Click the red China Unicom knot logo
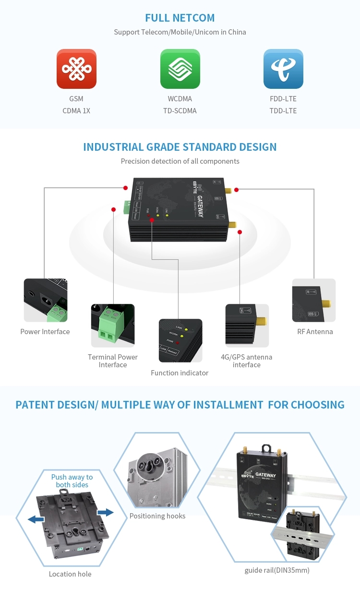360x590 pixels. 76,69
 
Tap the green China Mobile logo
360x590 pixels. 180,69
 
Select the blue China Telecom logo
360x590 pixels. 283,69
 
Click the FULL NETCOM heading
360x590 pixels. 180,18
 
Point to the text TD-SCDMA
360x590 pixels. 180,111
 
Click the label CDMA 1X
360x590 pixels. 76,111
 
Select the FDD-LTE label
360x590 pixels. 283,99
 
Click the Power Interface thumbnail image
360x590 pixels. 46,300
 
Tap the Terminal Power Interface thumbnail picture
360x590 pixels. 113,325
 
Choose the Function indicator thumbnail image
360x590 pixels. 180,340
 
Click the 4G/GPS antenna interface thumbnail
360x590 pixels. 247,325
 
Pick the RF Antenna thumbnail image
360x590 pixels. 314,300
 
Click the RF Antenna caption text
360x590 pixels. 315,332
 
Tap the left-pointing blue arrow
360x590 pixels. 36,519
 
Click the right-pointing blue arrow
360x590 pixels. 105,513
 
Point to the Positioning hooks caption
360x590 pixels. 157,516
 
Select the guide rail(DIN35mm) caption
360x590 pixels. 277,570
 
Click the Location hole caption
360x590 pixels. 70,574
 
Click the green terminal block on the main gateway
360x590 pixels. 127,207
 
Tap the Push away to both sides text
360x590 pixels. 72,481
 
